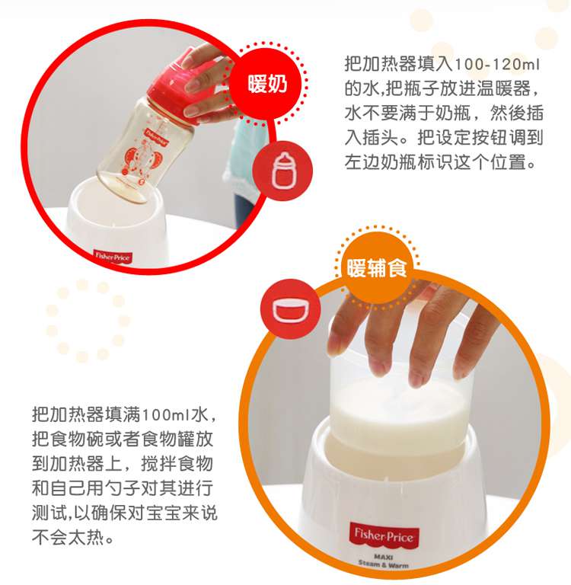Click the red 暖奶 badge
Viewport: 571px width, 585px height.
[x=267, y=84]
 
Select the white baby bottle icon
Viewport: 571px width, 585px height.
[x=282, y=171]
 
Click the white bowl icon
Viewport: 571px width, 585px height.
[x=291, y=309]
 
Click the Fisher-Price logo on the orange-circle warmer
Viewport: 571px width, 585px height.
[x=384, y=535]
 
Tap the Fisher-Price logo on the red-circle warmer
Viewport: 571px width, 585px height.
[x=112, y=257]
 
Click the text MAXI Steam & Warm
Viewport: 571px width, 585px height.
[x=384, y=561]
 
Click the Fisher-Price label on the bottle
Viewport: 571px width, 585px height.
[x=157, y=136]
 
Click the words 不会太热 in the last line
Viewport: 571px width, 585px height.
[x=68, y=538]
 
